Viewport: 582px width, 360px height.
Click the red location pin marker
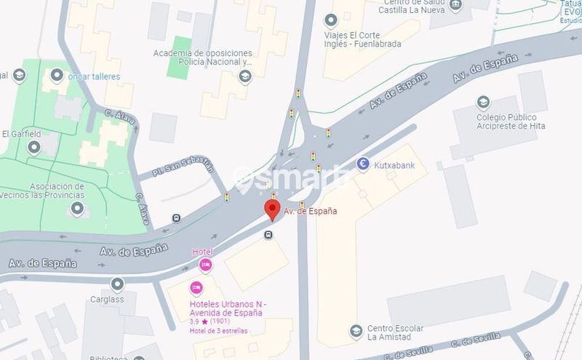[272, 210]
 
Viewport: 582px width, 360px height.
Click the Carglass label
[108, 299]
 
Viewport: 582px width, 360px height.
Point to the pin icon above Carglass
[117, 284]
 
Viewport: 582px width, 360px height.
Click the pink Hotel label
[201, 252]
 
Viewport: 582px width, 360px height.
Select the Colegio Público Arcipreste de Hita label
[506, 122]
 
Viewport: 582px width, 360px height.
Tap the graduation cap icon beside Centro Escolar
[355, 332]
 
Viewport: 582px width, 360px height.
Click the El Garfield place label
[21, 134]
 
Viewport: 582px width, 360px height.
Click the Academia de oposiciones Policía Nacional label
[203, 57]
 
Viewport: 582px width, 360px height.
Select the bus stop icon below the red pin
[269, 235]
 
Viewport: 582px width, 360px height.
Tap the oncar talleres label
[94, 76]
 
